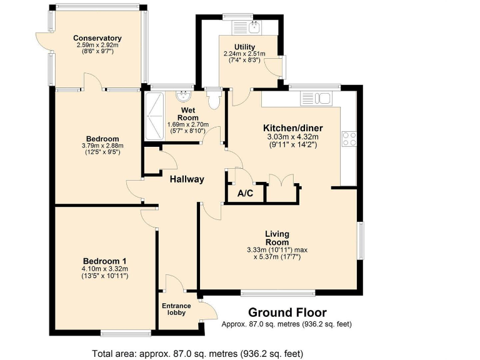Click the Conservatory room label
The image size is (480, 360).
[97, 38]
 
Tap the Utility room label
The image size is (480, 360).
[244, 47]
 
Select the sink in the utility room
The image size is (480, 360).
[254, 27]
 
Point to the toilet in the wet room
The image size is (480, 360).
[214, 98]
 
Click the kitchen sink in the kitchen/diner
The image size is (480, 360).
[316, 98]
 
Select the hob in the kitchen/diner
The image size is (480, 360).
[348, 139]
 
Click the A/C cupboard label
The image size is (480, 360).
[246, 194]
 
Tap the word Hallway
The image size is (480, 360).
[187, 179]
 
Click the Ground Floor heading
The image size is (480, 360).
[287, 312]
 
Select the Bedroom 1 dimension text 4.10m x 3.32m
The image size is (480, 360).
[105, 269]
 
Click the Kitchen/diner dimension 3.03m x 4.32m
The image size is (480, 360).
[293, 137]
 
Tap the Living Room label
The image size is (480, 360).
[276, 238]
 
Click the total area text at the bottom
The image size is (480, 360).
[197, 352]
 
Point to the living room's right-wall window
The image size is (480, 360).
[360, 240]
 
